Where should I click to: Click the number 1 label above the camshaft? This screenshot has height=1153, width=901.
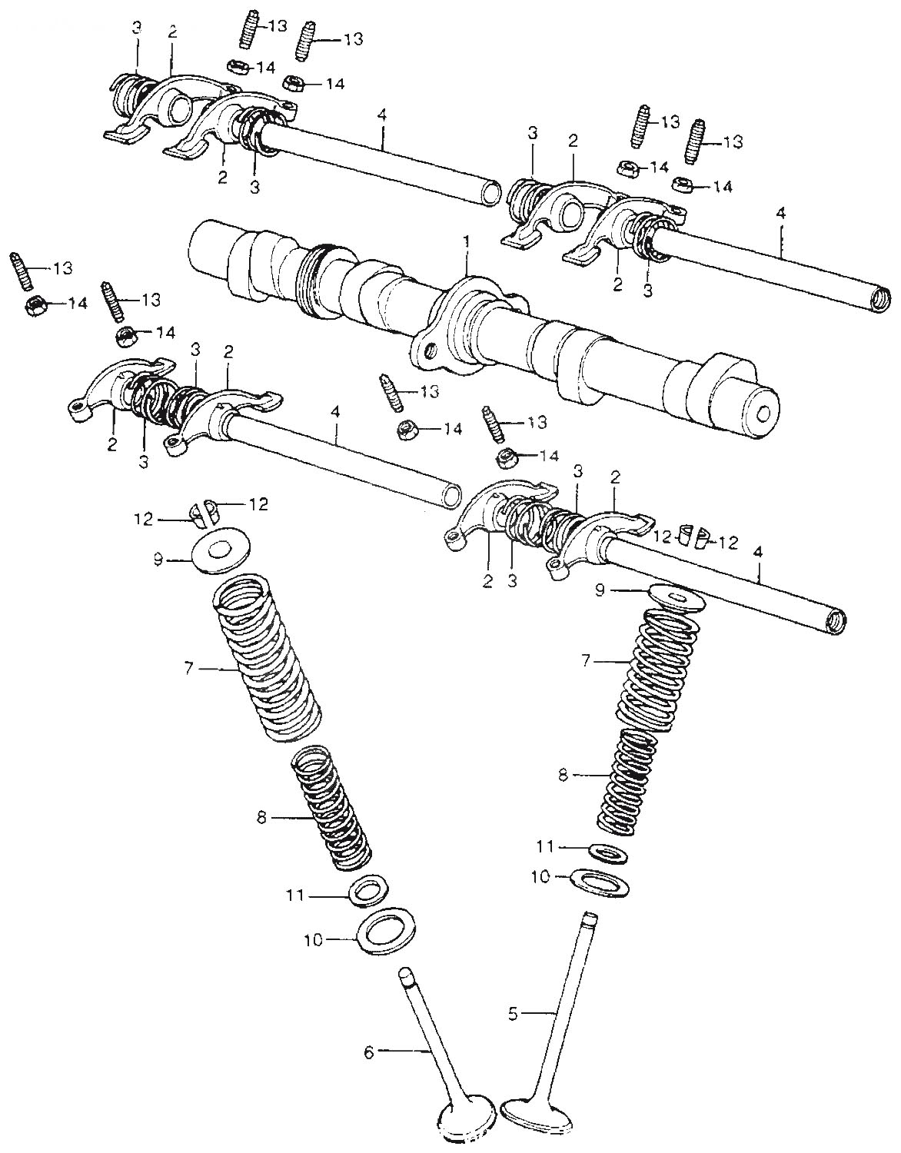[465, 241]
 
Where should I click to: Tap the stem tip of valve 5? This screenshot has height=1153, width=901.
[590, 916]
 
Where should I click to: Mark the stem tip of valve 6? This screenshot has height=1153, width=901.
[407, 975]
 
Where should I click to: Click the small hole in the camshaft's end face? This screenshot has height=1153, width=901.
[763, 414]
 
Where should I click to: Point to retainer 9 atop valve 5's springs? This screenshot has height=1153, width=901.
[676, 598]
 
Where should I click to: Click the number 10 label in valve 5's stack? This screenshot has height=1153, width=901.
[540, 876]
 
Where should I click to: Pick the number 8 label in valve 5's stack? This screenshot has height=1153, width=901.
[563, 776]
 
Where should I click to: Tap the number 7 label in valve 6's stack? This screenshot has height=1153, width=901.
[188, 669]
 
